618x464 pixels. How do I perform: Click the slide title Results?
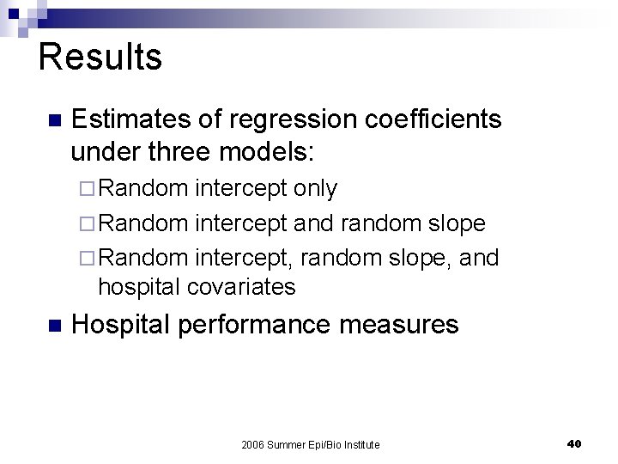(100, 58)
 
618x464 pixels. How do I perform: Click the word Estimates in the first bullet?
(133, 119)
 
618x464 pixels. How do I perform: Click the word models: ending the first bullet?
(268, 152)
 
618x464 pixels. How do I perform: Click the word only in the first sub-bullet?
(315, 188)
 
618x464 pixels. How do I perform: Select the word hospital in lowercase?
(142, 287)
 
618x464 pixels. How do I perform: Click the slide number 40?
(574, 443)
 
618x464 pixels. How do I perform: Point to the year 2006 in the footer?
(254, 444)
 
